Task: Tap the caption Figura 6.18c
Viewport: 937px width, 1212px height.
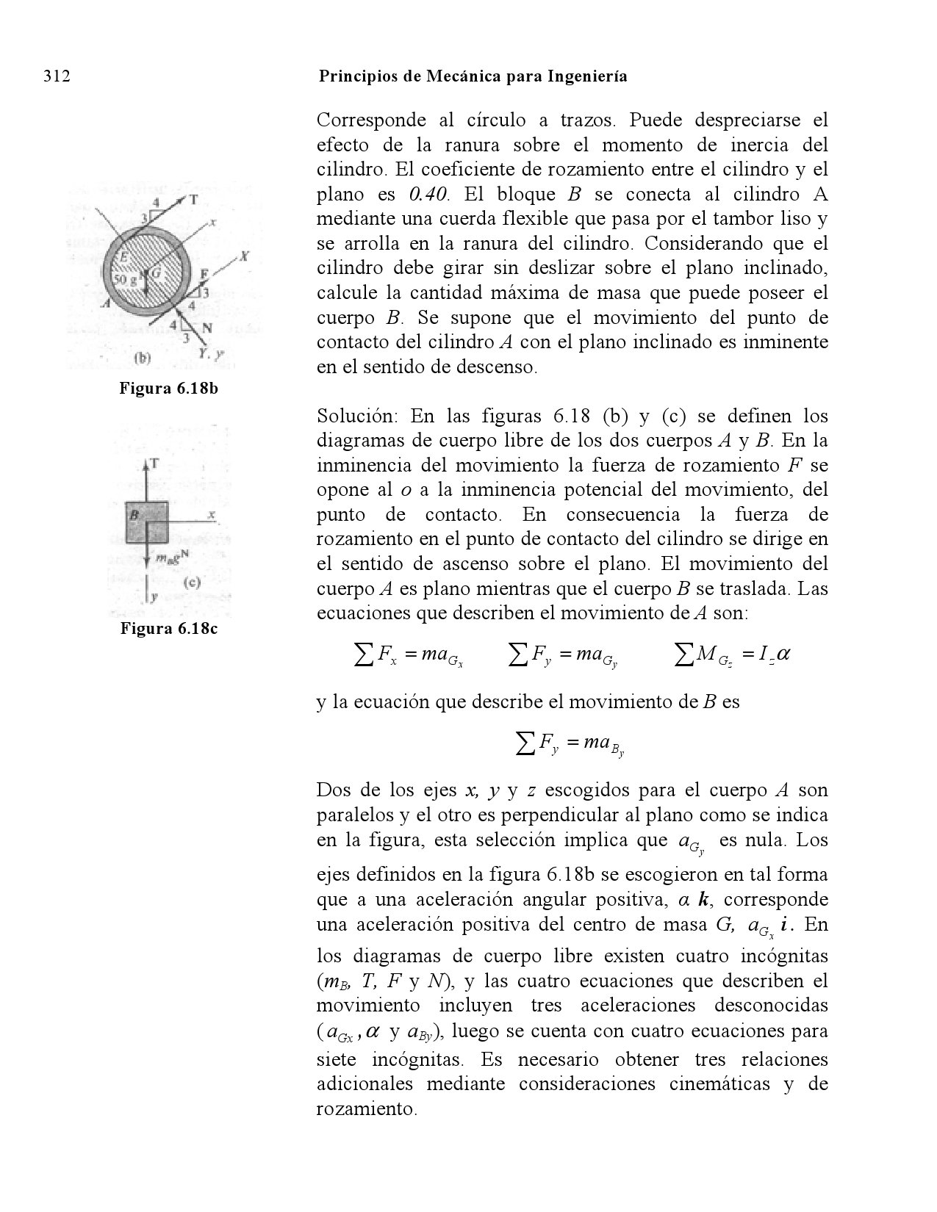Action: [169, 629]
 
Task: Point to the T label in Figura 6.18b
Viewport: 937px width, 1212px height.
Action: [193, 199]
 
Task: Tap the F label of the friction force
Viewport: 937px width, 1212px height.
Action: [206, 273]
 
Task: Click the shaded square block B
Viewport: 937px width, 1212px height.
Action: [146, 522]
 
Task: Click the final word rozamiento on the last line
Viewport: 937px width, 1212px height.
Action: [365, 1108]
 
